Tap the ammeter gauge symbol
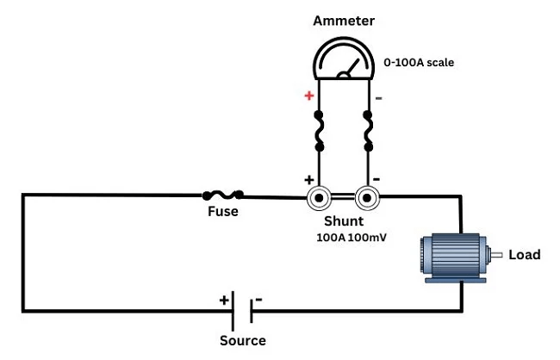pyautogui.click(x=344, y=61)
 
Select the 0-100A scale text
pyautogui.click(x=419, y=63)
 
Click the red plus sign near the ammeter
pyautogui.click(x=309, y=96)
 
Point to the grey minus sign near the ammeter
pyautogui.click(x=379, y=97)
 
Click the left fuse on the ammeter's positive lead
pyautogui.click(x=319, y=131)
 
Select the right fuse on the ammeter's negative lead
pyautogui.click(x=369, y=131)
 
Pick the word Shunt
pyautogui.click(x=344, y=220)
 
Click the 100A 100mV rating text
pyautogui.click(x=351, y=237)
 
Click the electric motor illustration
pyautogui.click(x=452, y=255)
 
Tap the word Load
pyautogui.click(x=525, y=255)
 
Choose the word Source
pyautogui.click(x=243, y=340)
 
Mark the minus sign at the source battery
pyautogui.click(x=258, y=300)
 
